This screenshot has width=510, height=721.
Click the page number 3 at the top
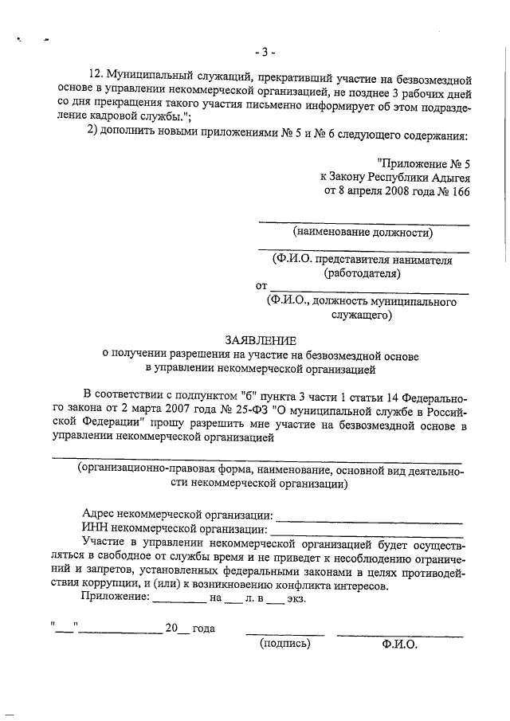(x=265, y=53)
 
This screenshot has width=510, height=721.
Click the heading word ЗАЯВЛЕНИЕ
(x=260, y=339)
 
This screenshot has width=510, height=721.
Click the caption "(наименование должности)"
(x=363, y=233)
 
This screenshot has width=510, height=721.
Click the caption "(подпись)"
(x=284, y=644)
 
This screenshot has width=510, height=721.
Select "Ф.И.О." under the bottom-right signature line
(x=399, y=645)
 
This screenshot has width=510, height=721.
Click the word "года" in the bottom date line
(x=204, y=629)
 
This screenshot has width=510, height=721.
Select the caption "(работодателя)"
(x=362, y=273)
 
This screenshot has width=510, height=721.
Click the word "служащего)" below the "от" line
(x=361, y=315)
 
